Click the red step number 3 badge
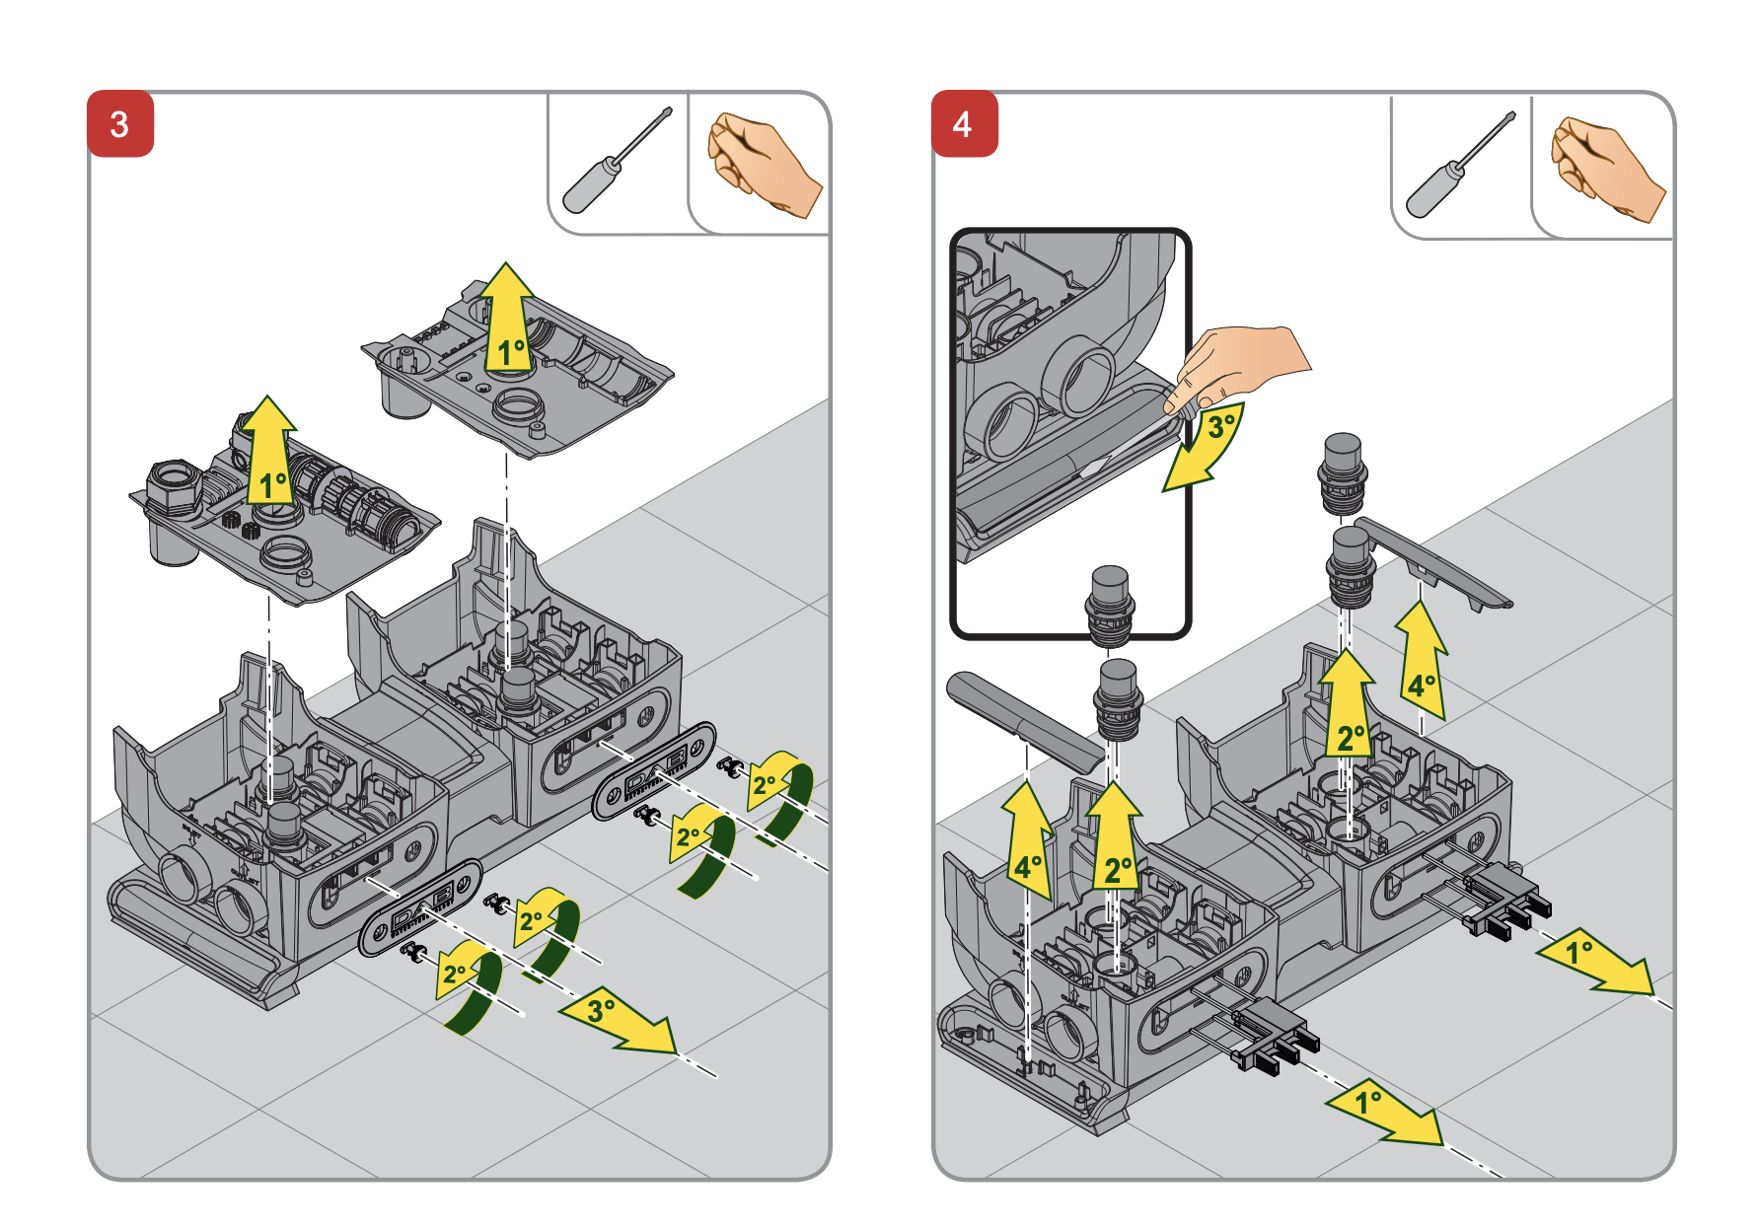click(x=120, y=124)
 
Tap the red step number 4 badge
click(x=964, y=124)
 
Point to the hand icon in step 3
click(x=763, y=164)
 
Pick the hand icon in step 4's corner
click(x=1606, y=168)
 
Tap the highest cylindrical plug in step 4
click(x=1342, y=471)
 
